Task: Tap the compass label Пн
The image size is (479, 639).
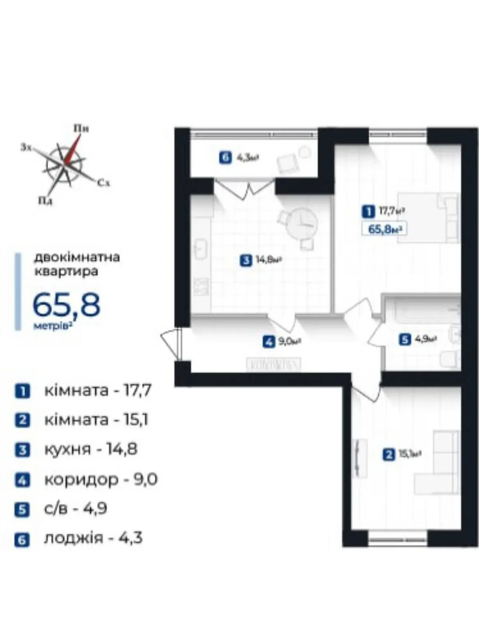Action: coord(81,128)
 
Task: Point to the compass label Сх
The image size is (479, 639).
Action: coord(103,183)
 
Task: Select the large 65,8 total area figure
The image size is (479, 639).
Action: coord(67,305)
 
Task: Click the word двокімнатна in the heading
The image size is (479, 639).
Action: coord(77,258)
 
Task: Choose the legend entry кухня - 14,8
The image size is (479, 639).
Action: coord(91,449)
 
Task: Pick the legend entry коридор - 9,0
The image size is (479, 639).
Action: coord(101,479)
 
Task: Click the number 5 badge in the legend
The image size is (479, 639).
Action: coord(22,510)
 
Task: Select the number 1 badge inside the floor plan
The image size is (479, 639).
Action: coord(368,211)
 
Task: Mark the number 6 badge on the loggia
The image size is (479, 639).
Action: coord(226,159)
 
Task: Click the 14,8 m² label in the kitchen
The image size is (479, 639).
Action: coord(269,260)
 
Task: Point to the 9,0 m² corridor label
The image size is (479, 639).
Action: coord(289,341)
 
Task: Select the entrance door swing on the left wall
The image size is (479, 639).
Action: coord(172,345)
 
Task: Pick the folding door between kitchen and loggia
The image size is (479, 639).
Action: coord(245,189)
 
